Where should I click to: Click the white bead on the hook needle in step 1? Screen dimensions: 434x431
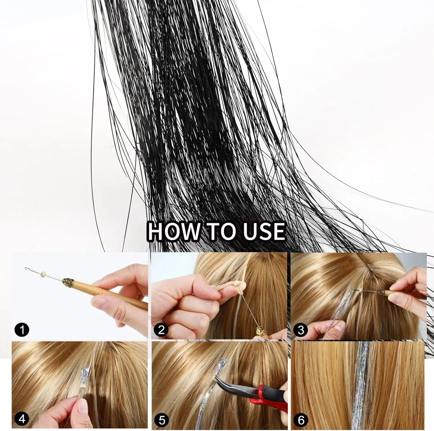44,273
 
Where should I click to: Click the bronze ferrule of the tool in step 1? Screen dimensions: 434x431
69,281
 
